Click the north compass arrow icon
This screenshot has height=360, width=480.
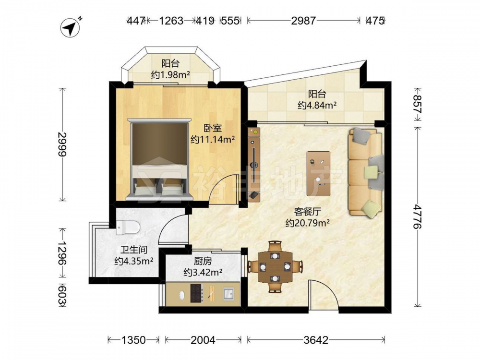(x=71, y=28)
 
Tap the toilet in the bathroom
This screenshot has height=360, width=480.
(x=128, y=227)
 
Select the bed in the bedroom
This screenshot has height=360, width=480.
(x=160, y=159)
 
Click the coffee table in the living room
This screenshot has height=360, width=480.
(x=319, y=173)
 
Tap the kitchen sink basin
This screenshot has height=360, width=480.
(x=228, y=294)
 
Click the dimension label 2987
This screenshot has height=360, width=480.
(x=303, y=21)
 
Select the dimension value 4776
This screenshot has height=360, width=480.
(x=417, y=217)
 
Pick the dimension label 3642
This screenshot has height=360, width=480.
(x=316, y=340)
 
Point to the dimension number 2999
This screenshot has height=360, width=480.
(x=62, y=144)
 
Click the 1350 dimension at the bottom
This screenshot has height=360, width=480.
(x=133, y=340)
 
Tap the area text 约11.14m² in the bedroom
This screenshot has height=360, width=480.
(x=213, y=140)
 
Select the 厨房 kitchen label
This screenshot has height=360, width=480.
(x=203, y=261)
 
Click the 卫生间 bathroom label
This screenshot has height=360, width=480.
(x=134, y=250)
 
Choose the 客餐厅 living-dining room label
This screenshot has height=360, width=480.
(x=307, y=212)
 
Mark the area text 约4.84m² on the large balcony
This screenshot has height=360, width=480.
(x=317, y=105)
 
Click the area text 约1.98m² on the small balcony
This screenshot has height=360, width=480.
(x=170, y=74)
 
